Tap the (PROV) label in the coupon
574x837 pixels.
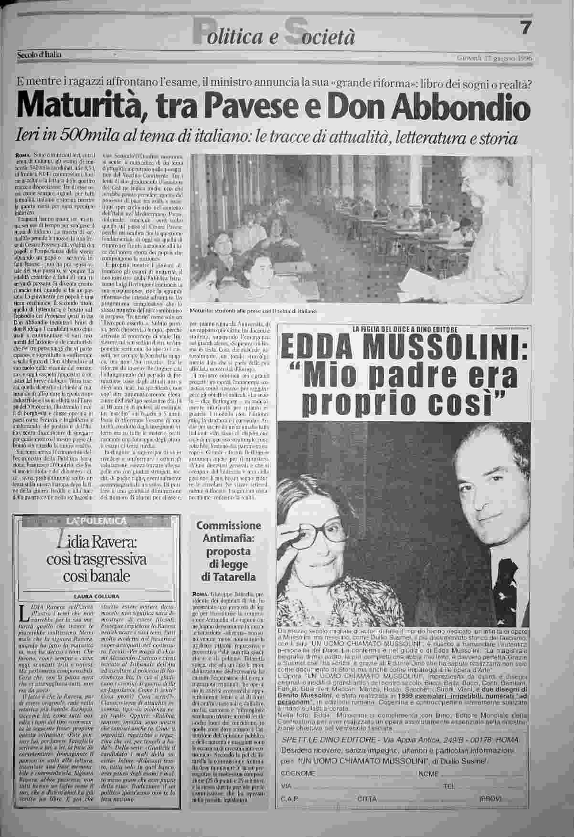490,798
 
